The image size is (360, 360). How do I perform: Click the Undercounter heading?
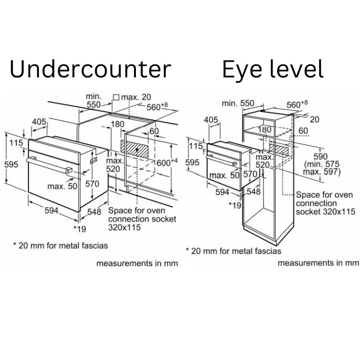coord(90,69)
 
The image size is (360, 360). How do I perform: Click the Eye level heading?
coord(273,69)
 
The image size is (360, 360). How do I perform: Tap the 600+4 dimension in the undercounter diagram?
coord(167,162)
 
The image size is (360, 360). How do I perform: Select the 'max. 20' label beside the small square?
coord(136,97)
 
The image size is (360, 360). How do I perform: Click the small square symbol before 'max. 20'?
coord(116,97)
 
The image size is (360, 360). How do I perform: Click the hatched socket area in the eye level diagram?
coord(279,149)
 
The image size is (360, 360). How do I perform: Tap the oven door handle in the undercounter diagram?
coord(49,165)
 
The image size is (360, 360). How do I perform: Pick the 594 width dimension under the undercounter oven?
coord(51,210)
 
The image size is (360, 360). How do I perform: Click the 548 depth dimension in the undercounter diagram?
coord(94,211)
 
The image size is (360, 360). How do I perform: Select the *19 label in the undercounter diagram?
coord(80,229)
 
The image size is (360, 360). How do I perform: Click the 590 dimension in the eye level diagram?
coord(320,157)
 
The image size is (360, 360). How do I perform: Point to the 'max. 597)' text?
coord(322,172)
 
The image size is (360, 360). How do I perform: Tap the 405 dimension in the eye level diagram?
coord(211,120)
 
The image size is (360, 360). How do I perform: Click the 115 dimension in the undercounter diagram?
coord(16,143)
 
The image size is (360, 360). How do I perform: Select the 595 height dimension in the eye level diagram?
coord(192,162)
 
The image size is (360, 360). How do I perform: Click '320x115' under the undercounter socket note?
coord(124,227)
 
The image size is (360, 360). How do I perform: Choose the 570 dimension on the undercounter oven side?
coord(92,184)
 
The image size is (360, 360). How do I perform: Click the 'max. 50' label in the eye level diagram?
coord(224,175)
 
